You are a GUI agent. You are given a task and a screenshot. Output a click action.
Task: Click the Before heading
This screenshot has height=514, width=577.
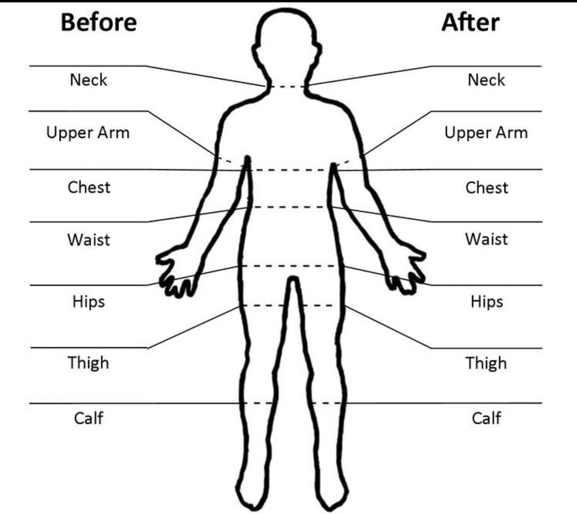point(99,23)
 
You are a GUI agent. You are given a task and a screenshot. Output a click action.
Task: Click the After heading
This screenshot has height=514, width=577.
point(470,23)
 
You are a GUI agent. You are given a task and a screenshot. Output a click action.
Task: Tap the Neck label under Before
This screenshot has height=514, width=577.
point(88,80)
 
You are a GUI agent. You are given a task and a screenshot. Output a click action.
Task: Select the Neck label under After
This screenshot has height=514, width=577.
point(486,80)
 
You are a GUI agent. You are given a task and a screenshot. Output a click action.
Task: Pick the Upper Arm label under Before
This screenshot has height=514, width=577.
point(88,133)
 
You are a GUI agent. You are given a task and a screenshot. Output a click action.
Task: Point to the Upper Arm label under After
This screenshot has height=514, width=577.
point(486,133)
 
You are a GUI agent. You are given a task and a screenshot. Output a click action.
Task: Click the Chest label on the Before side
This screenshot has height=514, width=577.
point(89,187)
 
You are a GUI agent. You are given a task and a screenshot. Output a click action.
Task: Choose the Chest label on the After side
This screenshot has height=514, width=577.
point(486,187)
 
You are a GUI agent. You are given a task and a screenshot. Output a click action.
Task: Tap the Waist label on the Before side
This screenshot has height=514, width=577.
point(89,239)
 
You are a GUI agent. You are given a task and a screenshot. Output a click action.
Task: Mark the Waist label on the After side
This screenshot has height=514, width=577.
point(486,239)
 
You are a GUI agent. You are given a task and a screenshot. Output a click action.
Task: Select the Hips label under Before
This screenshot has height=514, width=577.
point(89,302)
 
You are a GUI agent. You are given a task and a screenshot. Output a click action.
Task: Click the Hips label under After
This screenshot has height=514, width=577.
point(487,302)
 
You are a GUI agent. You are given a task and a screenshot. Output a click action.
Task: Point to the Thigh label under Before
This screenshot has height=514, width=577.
point(88,363)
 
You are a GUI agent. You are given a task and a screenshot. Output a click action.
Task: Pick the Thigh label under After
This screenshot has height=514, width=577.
point(486,363)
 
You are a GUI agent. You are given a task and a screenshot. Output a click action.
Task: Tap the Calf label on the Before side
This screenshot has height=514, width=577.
point(88,418)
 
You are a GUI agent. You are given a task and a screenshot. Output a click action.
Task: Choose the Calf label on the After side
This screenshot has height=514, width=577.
point(486,418)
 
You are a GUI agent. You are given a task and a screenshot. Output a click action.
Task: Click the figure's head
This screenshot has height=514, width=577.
point(287,43)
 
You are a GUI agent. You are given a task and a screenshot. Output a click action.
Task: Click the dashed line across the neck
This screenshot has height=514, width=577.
point(287,87)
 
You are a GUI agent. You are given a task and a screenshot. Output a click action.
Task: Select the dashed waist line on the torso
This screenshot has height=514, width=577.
point(290,207)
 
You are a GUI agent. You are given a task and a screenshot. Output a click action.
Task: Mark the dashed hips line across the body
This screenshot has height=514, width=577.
point(290,266)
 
